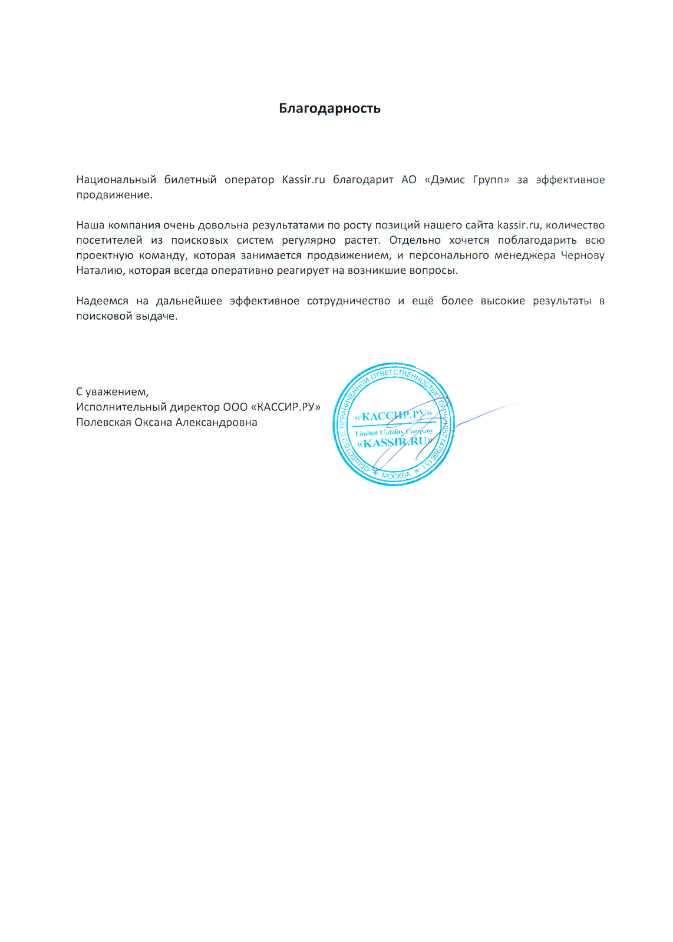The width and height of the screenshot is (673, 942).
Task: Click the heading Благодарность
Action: click(x=329, y=108)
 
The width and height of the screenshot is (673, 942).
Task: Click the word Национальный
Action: click(x=116, y=180)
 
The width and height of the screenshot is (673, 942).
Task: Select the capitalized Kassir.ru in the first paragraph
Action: click(x=303, y=180)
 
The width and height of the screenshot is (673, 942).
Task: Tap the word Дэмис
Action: click(x=448, y=180)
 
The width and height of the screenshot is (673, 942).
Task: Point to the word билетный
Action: click(x=190, y=180)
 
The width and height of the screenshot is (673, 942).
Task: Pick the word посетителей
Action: click(x=109, y=240)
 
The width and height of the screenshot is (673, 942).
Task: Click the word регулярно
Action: click(x=309, y=240)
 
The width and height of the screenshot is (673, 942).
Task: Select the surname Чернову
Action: click(x=582, y=256)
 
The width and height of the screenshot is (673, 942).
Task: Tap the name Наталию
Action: click(x=100, y=271)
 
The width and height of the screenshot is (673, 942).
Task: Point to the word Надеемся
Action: click(x=102, y=301)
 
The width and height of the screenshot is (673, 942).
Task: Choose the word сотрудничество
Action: click(x=348, y=301)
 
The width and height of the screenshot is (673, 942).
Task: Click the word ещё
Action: click(x=423, y=301)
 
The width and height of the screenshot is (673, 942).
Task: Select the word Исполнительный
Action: click(x=121, y=407)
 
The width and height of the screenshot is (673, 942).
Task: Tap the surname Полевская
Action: click(x=103, y=423)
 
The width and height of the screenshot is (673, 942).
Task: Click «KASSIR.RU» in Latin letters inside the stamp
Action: click(x=394, y=443)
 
